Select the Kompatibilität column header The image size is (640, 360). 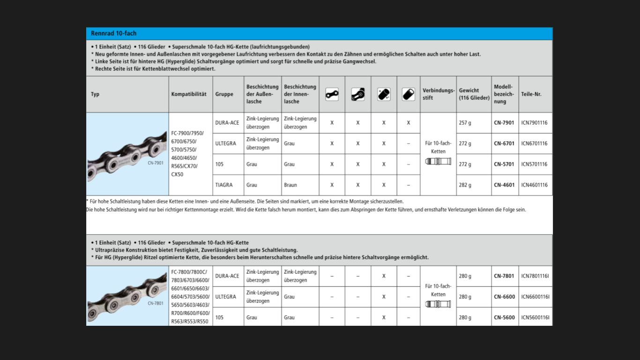pyautogui.click(x=189, y=94)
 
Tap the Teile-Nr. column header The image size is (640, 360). pyautogui.click(x=531, y=94)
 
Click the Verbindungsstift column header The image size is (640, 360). pyautogui.click(x=438, y=94)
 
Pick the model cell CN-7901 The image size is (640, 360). pyautogui.click(x=504, y=123)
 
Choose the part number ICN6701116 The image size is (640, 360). pyautogui.click(x=534, y=143)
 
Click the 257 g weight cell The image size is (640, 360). pyautogui.click(x=465, y=123)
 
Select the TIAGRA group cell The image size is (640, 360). pyautogui.click(x=224, y=185)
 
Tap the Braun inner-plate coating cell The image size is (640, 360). pyautogui.click(x=290, y=185)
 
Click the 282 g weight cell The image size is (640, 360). pyautogui.click(x=465, y=185)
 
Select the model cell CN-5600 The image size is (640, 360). pyautogui.click(x=504, y=317)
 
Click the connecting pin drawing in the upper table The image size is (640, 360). pyautogui.click(x=438, y=162)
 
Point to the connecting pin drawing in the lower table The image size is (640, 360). pyautogui.click(x=438, y=304)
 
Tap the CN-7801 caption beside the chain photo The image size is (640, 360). pyautogui.click(x=156, y=303)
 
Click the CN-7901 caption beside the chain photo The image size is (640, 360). pyautogui.click(x=156, y=163)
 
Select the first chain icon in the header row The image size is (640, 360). pyautogui.click(x=332, y=94)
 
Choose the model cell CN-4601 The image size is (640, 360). pyautogui.click(x=504, y=185)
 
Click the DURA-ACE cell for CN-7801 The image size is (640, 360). pyautogui.click(x=227, y=276)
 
